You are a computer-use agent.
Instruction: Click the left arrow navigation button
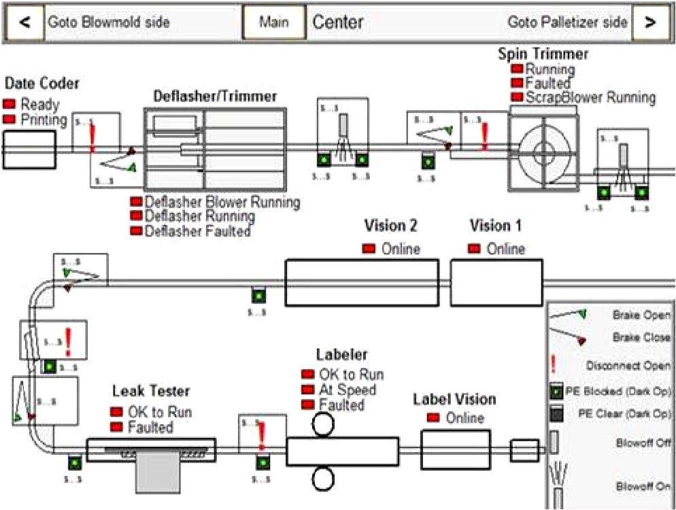pos(25,22)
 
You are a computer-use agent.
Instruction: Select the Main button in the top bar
pos(274,22)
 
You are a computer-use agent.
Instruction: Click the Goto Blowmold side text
pos(108,22)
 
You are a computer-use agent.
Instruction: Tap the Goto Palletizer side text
pos(567,22)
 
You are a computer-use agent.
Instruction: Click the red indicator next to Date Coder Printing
pos(10,120)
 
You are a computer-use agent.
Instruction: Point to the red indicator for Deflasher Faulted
pos(136,231)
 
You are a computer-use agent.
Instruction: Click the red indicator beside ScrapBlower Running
pos(517,97)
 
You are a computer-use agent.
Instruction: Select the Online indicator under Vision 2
pos(369,249)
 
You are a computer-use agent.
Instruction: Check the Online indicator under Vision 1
pos(475,249)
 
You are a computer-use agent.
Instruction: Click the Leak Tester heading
pos(151,391)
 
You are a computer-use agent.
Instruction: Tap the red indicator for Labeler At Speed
pos(307,390)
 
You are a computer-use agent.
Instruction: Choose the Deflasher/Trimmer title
pos(215,97)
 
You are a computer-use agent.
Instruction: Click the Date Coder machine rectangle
pos(29,150)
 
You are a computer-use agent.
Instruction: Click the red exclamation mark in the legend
pos(553,364)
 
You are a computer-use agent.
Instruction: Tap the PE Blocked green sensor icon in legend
pos(555,392)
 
